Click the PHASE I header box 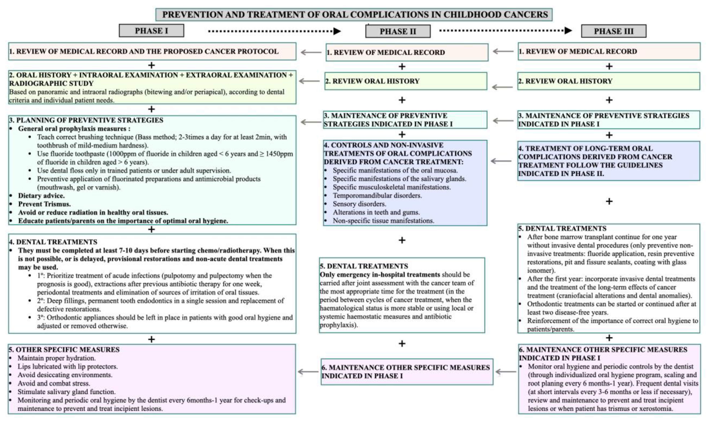tap(151, 31)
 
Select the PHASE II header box tap(398, 31)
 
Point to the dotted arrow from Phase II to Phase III tap(505, 30)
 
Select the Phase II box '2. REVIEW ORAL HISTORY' tap(406, 81)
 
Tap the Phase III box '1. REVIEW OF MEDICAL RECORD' tap(609, 51)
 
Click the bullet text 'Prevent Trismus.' tap(44, 204)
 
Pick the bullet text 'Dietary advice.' tap(41, 196)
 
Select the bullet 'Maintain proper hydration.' tap(56, 358)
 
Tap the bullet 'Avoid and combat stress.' tap(53, 383)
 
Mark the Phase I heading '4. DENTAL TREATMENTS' tap(53, 242)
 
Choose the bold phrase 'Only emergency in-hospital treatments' tap(380, 275)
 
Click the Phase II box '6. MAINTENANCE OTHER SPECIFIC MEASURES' tap(407, 372)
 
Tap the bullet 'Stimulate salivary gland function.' tap(66, 392)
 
